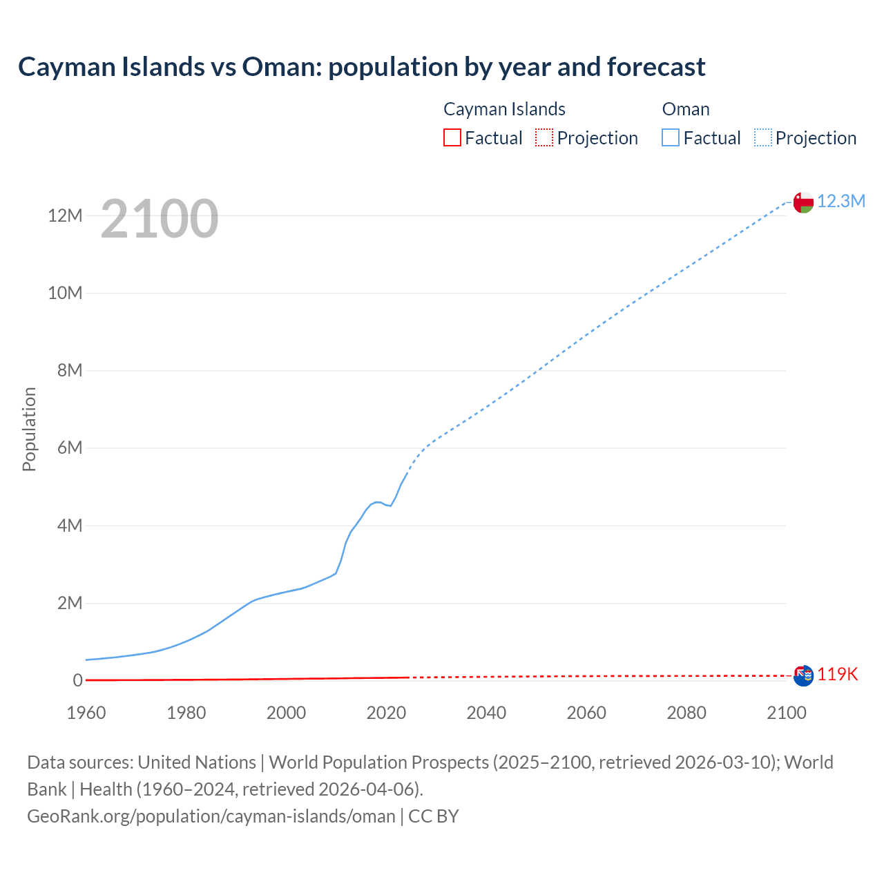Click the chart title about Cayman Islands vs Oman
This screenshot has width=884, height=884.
point(361,67)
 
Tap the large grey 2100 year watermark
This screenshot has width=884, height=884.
point(160,219)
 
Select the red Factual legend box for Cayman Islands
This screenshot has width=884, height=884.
point(452,137)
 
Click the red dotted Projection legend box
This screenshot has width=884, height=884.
point(544,137)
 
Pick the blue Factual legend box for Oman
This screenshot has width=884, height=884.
point(670,137)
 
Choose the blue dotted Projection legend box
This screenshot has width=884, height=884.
point(763,137)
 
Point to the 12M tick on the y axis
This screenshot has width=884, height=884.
point(65,216)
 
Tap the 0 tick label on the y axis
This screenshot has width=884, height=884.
point(77,681)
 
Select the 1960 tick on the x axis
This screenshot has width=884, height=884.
point(86,713)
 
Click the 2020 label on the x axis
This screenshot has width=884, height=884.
point(386,713)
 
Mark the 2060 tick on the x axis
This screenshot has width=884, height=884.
point(586,713)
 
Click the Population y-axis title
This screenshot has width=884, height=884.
point(29,429)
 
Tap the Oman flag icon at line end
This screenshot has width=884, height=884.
point(803,202)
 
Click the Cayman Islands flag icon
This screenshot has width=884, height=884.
point(803,675)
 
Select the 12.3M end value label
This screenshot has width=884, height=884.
point(841,201)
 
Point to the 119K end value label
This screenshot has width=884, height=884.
point(838,675)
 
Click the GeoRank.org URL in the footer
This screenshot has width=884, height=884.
point(211,816)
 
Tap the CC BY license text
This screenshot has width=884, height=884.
point(434,816)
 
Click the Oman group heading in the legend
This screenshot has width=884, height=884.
point(686,109)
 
